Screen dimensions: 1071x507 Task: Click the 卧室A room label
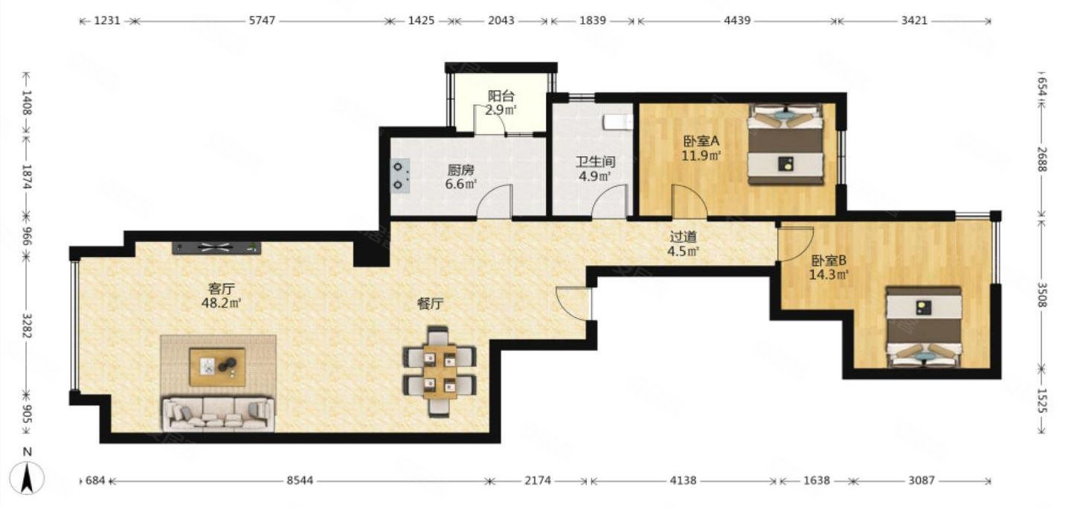pos(701,141)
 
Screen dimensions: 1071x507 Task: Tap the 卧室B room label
pos(829,261)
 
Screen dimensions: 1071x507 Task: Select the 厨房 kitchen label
pos(460,170)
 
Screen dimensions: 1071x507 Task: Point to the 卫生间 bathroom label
pos(595,162)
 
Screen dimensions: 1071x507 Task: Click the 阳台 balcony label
pos(501,96)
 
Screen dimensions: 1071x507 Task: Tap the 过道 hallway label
pos(684,237)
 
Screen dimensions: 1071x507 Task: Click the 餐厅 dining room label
pos(431,304)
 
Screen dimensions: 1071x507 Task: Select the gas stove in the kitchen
pos(400,176)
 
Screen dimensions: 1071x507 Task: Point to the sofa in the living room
pos(219,414)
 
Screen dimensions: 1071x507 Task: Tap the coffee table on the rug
pos(217,367)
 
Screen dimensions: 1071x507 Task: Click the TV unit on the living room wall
pos(216,247)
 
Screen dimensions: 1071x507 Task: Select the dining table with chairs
pos(440,371)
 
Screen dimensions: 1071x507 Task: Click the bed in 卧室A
pos(785,144)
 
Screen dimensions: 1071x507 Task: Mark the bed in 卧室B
pos(923,328)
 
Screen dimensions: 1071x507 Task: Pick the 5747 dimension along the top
pos(263,21)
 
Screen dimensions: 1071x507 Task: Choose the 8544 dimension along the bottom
pos(300,479)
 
